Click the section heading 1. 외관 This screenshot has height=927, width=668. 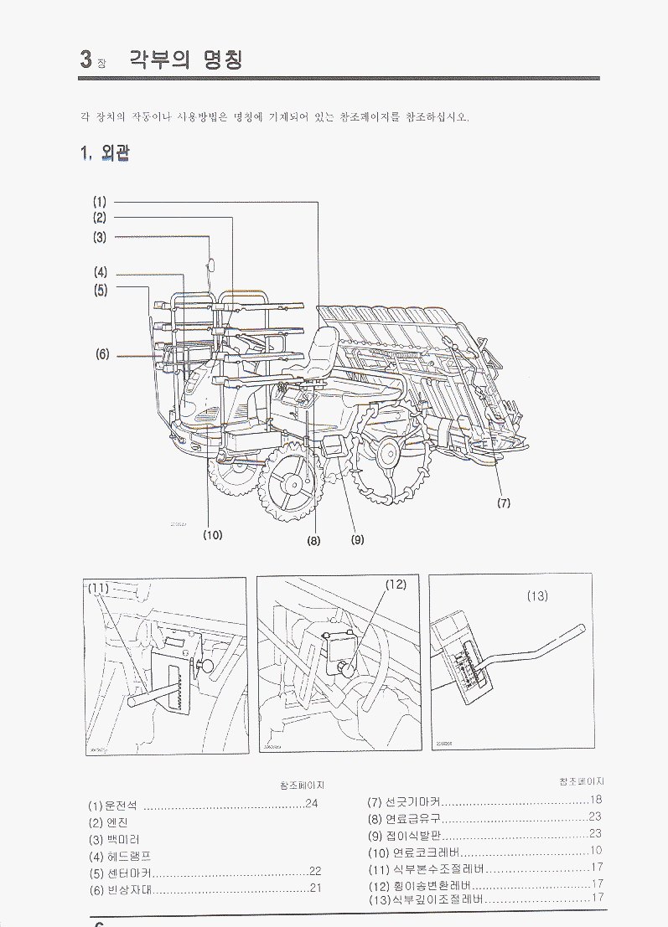pyautogui.click(x=104, y=153)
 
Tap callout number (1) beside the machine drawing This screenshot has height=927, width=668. pyautogui.click(x=100, y=202)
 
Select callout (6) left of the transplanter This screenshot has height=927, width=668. pyautogui.click(x=102, y=354)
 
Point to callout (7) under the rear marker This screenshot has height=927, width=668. pyautogui.click(x=503, y=502)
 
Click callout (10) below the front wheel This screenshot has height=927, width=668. pyautogui.click(x=213, y=534)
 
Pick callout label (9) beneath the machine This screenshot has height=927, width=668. pyautogui.click(x=357, y=540)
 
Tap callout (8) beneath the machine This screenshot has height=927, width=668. pyautogui.click(x=313, y=540)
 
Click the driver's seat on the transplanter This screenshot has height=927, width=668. pyautogui.click(x=323, y=352)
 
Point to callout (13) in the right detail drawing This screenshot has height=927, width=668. pyautogui.click(x=537, y=595)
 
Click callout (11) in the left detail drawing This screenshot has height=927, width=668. pyautogui.click(x=100, y=589)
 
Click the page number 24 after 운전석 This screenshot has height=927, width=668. pyautogui.click(x=313, y=804)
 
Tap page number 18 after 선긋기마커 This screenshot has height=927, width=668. pyautogui.click(x=596, y=800)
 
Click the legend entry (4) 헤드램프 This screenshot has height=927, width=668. pyautogui.click(x=119, y=856)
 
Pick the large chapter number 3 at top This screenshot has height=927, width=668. pyautogui.click(x=85, y=59)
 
